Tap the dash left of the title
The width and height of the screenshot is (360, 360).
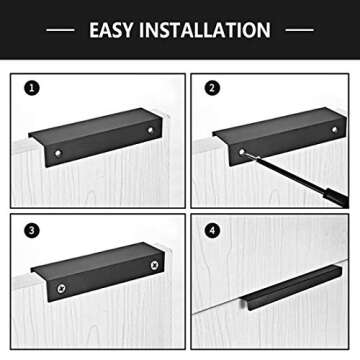(x=61, y=30)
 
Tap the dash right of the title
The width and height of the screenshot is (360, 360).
(x=299, y=30)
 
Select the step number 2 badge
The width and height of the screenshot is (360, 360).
(x=211, y=88)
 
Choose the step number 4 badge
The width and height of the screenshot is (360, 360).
(x=211, y=230)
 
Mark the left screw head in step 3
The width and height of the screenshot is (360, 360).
(x=61, y=289)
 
